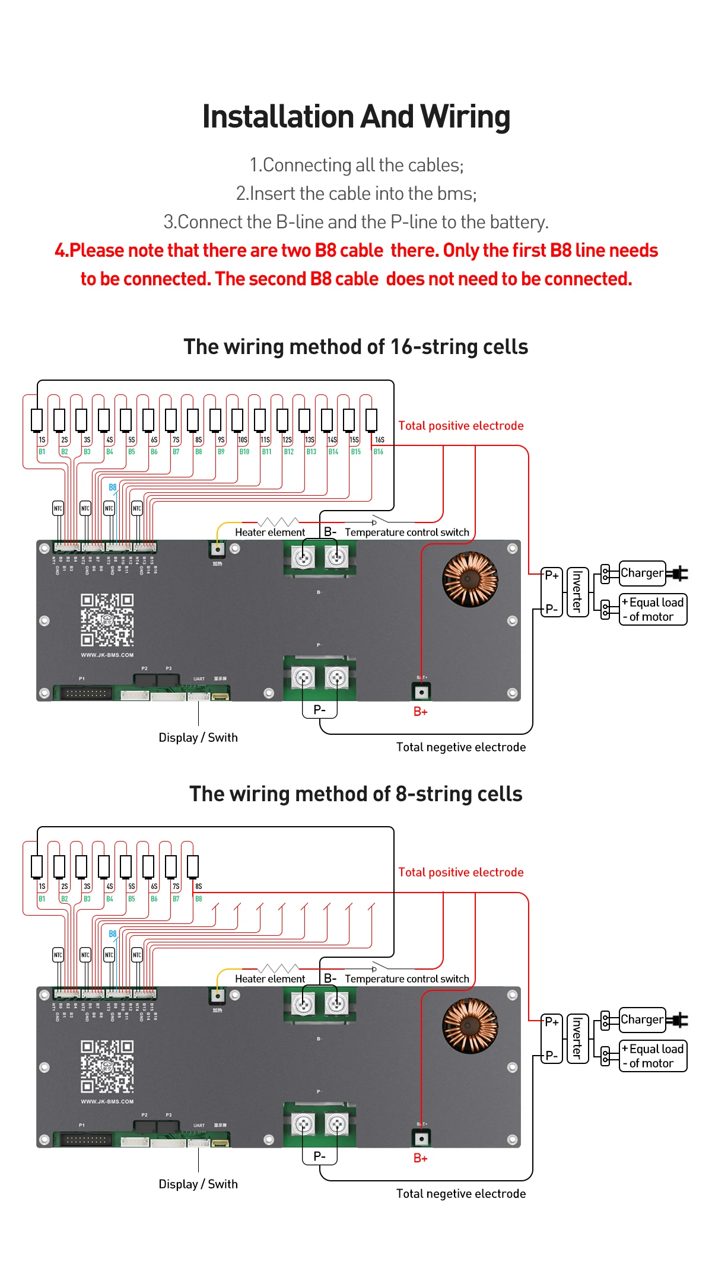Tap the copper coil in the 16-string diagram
click(470, 579)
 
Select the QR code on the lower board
click(107, 1066)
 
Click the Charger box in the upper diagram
click(641, 573)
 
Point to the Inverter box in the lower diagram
click(577, 1038)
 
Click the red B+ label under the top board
click(420, 712)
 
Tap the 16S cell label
click(380, 440)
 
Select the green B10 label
click(244, 452)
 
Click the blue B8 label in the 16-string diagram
click(112, 487)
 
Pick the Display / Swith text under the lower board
click(198, 1184)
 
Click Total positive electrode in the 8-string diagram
click(461, 872)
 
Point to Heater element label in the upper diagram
click(269, 533)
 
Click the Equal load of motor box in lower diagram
click(653, 1056)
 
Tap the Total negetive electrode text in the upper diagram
click(461, 747)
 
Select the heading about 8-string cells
click(356, 794)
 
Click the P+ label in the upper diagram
click(551, 575)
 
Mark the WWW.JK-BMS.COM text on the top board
click(107, 655)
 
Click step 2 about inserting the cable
click(356, 193)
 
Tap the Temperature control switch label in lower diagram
click(407, 979)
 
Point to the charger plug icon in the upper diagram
click(678, 573)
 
